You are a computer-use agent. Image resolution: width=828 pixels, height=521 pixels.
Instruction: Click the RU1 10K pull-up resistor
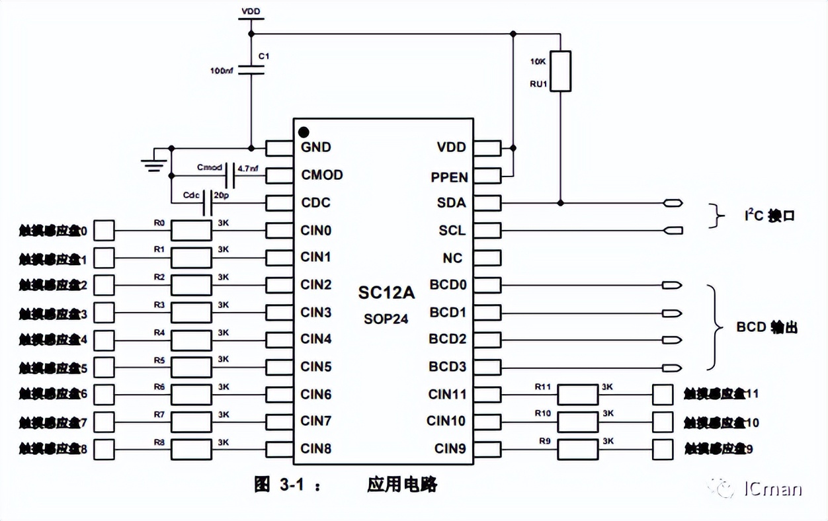[x=560, y=71]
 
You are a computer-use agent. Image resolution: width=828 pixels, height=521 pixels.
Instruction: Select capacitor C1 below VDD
[x=251, y=69]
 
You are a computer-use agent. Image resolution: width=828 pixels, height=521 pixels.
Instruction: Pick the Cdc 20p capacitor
[x=208, y=203]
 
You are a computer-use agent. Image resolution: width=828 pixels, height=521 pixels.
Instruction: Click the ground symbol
[x=154, y=162]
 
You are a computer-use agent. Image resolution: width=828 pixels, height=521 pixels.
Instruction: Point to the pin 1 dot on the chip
[x=304, y=132]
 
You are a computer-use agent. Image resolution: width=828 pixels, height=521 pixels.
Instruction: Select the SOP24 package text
[x=386, y=319]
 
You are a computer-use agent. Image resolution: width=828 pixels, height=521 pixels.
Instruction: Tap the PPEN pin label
[x=450, y=177]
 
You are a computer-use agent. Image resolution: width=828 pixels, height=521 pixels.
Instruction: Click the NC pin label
[x=453, y=258]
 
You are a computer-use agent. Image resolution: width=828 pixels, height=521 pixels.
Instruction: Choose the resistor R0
[x=191, y=231]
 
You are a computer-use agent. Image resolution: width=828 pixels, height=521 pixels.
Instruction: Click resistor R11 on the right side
[x=577, y=395]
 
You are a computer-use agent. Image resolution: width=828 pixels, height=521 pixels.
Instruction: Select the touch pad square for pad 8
[x=105, y=449]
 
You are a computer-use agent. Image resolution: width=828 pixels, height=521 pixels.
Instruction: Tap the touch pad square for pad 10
[x=663, y=421]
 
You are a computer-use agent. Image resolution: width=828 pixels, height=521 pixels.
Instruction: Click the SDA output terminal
[x=673, y=203]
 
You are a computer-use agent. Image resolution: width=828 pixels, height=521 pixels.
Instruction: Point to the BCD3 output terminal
[x=672, y=368]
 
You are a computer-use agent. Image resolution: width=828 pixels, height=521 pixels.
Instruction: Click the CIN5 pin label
[x=316, y=367]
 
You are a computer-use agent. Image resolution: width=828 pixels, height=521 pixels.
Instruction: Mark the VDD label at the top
[x=251, y=12]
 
